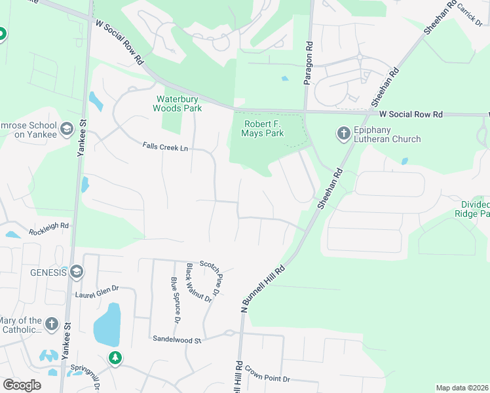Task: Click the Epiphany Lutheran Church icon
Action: coord(343,134)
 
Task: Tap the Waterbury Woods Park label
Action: coord(178,103)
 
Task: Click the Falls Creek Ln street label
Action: coord(165,148)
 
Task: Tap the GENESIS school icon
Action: coord(77,272)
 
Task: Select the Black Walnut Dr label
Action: coord(199,282)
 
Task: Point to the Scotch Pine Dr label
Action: coord(217,274)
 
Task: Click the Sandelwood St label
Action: coord(176,339)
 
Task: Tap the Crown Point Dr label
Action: coord(268,379)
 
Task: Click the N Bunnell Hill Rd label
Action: coord(263,289)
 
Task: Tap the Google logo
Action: coord(22,384)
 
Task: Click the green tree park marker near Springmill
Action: coord(115,358)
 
